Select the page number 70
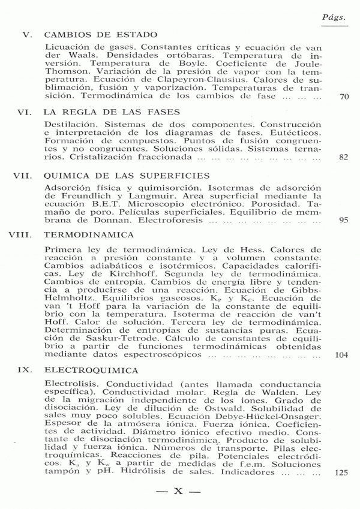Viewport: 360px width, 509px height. (344, 97)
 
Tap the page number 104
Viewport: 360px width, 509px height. (342, 355)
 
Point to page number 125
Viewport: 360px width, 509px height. (342, 472)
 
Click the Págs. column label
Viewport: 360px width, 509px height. (335, 18)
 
